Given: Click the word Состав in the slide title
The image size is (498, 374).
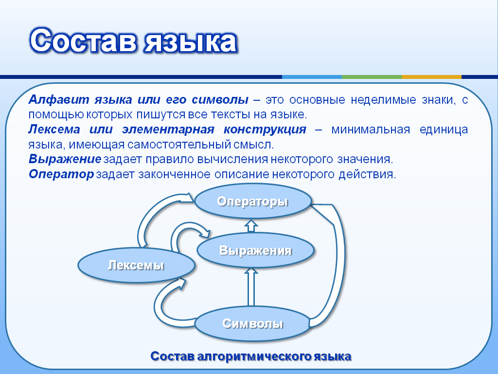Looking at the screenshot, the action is [x=84, y=41].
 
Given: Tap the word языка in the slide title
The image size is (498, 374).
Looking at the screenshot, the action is [x=191, y=41].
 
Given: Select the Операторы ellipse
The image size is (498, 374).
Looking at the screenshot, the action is [x=253, y=201].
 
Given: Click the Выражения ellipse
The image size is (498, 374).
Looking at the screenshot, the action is [x=255, y=250].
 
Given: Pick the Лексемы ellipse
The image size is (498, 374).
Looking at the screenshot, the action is [x=136, y=265].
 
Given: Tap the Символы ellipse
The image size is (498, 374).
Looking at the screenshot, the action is [x=253, y=323].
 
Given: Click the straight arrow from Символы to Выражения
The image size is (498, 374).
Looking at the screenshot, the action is [x=251, y=287].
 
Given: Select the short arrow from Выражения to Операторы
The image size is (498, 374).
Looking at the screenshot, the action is [x=251, y=225].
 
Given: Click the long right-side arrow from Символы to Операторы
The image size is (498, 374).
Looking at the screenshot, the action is [x=339, y=264].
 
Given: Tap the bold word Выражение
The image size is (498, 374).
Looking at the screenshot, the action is [x=65, y=159].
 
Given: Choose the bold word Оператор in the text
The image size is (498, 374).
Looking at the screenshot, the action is [x=61, y=174].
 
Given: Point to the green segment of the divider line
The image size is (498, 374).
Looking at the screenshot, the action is [x=372, y=77].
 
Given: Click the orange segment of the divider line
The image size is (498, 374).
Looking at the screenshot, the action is [x=431, y=77].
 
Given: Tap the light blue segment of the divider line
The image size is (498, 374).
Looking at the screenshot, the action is [x=312, y=77].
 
